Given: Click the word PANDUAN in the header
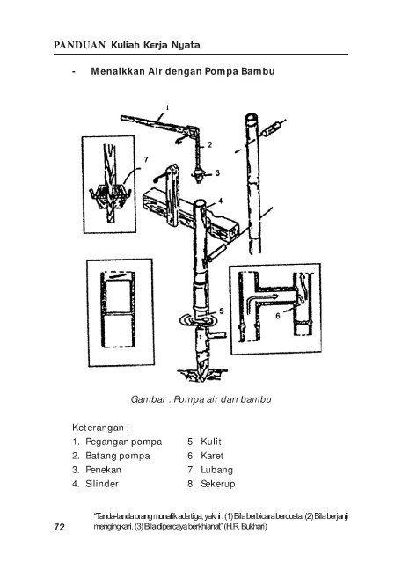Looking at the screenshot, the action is pyautogui.click(x=79, y=45).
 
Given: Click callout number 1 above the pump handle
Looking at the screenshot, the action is pyautogui.click(x=167, y=107).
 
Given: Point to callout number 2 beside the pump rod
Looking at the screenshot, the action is pyautogui.click(x=209, y=144).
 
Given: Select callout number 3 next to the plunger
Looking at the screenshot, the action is pyautogui.click(x=217, y=173).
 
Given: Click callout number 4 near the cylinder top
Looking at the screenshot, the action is pyautogui.click(x=221, y=201).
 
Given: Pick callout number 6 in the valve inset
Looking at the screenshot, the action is pyautogui.click(x=278, y=316).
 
